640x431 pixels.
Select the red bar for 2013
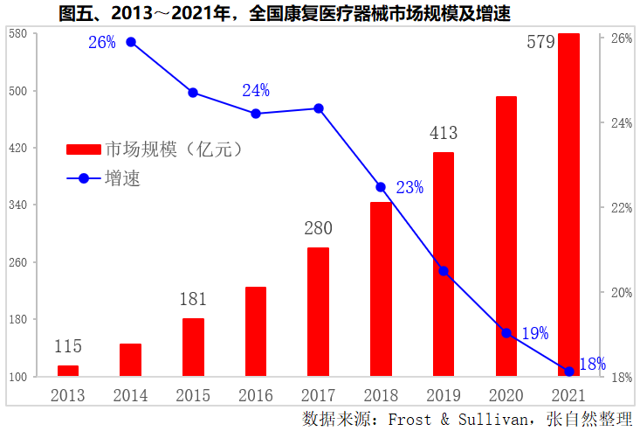tap(68, 371)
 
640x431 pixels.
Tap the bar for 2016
tap(256, 331)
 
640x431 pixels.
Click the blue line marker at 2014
tap(131, 42)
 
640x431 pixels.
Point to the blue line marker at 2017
tap(319, 108)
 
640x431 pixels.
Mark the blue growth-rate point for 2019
tap(444, 271)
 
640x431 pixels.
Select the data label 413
tap(444, 134)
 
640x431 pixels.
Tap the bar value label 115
tap(68, 347)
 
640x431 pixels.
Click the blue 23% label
tap(409, 187)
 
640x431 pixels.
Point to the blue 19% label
tap(534, 333)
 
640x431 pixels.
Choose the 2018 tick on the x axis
tap(381, 395)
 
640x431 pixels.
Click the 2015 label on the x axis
tap(193, 395)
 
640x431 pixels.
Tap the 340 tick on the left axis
tap(19, 205)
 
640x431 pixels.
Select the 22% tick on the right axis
tap(621, 208)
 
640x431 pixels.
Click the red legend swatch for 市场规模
tap(84, 149)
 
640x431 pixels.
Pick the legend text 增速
tap(123, 178)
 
